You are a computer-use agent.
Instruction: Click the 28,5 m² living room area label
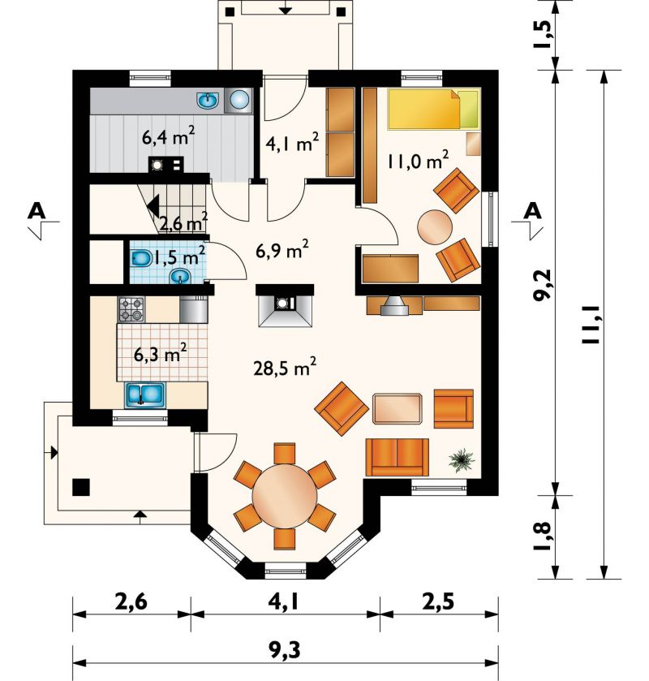click(285, 368)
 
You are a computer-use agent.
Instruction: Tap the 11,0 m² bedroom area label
click(418, 160)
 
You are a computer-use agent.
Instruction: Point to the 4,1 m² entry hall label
click(292, 143)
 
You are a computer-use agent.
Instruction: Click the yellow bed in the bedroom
click(434, 110)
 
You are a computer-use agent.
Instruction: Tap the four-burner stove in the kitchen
click(131, 309)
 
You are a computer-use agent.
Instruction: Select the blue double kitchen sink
click(145, 394)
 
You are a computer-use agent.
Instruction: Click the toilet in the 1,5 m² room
click(141, 259)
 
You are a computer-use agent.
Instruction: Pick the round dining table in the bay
click(285, 496)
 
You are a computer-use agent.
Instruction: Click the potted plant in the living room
click(462, 460)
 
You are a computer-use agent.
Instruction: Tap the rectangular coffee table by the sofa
click(398, 408)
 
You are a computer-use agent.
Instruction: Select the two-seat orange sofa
click(398, 457)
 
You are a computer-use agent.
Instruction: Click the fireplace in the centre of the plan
click(285, 306)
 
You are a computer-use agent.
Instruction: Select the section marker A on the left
click(37, 211)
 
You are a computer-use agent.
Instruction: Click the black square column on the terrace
click(81, 487)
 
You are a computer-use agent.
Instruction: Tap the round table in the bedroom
click(435, 227)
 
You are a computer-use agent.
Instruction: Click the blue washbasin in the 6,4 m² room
click(208, 100)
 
